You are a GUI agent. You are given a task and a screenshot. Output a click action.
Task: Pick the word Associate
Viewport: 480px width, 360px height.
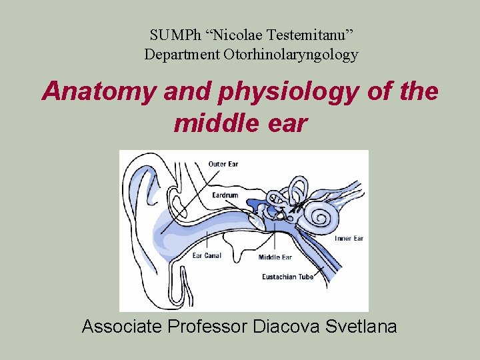click(x=121, y=327)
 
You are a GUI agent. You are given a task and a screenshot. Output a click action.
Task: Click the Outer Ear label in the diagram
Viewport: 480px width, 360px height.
click(x=223, y=164)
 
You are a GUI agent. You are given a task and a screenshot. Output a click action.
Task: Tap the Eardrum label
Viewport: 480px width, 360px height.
click(x=225, y=195)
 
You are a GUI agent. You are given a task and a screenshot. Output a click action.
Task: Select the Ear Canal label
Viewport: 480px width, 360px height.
click(x=207, y=255)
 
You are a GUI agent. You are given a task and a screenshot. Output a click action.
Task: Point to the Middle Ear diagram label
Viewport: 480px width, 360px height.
click(x=275, y=257)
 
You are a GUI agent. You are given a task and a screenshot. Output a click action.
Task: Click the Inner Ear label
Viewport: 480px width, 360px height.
click(x=349, y=239)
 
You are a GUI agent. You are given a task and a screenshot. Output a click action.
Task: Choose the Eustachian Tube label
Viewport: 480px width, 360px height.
click(x=288, y=276)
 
